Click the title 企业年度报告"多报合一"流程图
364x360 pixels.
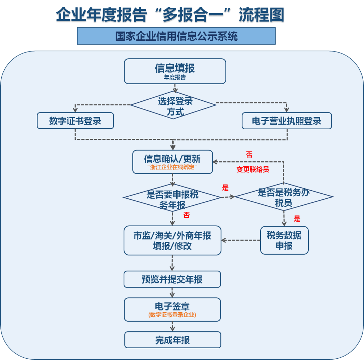pyautogui.click(x=170, y=15)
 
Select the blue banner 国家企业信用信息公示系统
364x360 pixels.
pyautogui.click(x=176, y=36)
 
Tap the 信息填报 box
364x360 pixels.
pyautogui.click(x=175, y=71)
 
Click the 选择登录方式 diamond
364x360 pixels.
pyautogui.click(x=174, y=105)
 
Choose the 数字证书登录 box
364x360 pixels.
pyautogui.click(x=75, y=121)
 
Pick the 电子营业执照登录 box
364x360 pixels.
pyautogui.click(x=286, y=121)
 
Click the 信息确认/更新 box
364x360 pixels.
pyautogui.click(x=173, y=162)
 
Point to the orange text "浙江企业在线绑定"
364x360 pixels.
pyautogui.click(x=173, y=167)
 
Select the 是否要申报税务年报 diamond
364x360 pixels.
pyautogui.click(x=172, y=198)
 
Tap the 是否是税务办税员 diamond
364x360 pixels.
pyautogui.click(x=283, y=197)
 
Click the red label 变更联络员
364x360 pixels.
pyautogui.click(x=252, y=169)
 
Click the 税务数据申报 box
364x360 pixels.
pyautogui.click(x=284, y=240)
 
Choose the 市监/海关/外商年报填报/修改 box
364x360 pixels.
pyautogui.click(x=172, y=240)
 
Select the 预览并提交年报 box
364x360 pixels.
pyautogui.click(x=172, y=279)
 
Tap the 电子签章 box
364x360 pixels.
pyautogui.click(x=172, y=309)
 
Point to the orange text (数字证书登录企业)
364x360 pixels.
pyautogui.click(x=172, y=315)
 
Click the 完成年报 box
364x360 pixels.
pyautogui.click(x=173, y=340)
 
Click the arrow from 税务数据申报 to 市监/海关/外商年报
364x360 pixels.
pyautogui.click(x=241, y=240)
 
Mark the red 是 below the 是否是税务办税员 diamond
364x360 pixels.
pyautogui.click(x=297, y=219)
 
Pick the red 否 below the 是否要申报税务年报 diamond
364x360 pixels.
pyautogui.click(x=186, y=215)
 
